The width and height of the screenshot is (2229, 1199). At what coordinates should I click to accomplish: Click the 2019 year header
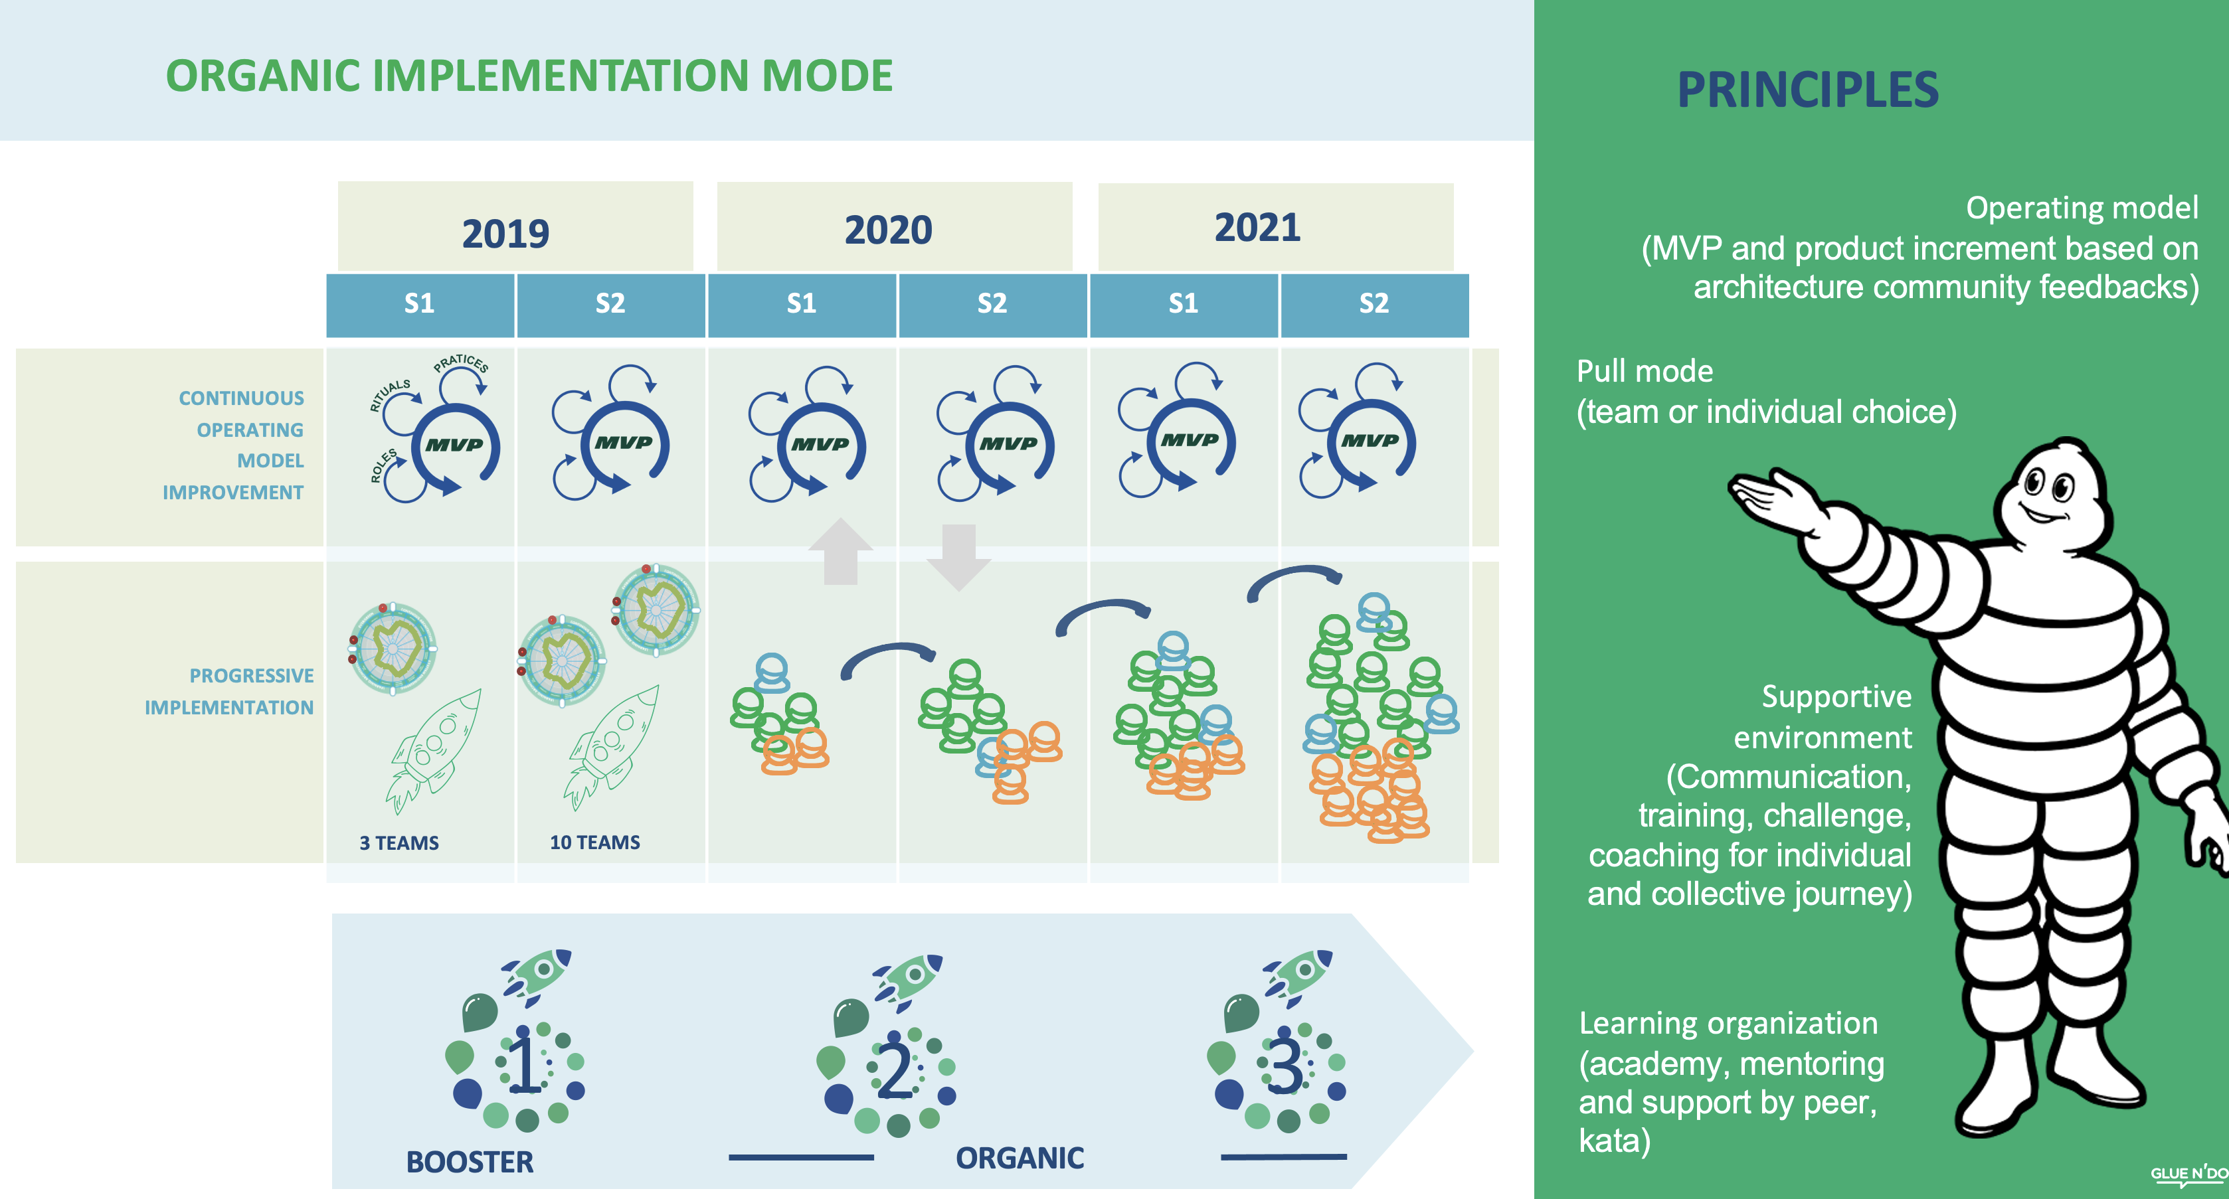505,233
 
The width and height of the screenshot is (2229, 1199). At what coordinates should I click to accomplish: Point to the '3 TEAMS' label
399,842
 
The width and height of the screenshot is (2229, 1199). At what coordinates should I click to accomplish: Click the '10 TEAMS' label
594,842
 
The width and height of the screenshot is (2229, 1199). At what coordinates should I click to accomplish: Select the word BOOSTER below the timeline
470,1162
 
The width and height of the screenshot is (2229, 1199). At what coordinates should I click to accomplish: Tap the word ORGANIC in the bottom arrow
1020,1157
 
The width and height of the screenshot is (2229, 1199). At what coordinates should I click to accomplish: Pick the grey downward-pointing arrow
958,556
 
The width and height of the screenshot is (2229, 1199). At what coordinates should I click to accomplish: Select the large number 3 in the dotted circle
1285,1067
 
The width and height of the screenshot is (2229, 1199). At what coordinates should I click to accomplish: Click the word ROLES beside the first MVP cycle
383,465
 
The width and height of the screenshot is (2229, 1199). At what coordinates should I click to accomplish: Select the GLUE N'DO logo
2189,1174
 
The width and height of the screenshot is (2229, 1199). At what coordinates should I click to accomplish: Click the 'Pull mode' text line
1644,371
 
